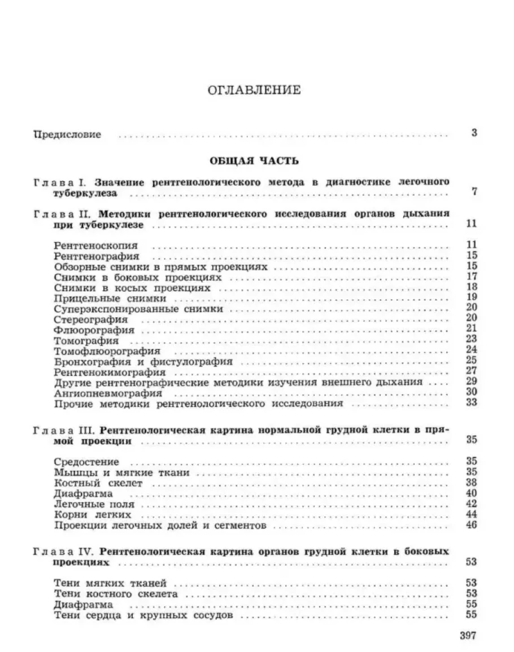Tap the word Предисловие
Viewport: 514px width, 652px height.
point(67,135)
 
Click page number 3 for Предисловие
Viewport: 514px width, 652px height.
point(474,134)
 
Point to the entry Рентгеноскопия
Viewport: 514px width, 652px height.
point(97,246)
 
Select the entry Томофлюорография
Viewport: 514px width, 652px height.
point(100,351)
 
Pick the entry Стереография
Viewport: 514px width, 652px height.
point(92,320)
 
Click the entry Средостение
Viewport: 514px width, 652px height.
point(87,462)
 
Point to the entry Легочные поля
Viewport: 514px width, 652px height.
point(94,504)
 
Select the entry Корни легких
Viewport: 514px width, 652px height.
point(93,515)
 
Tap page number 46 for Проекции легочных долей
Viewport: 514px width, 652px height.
point(472,525)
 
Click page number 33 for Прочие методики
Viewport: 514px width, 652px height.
point(472,403)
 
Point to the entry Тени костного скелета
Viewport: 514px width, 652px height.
point(116,594)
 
